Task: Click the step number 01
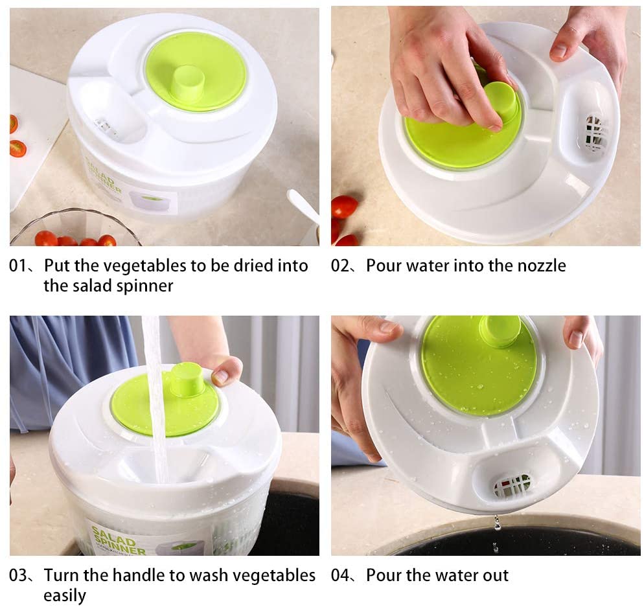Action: [x=17, y=266]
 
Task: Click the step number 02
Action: [x=340, y=266]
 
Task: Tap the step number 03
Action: [x=17, y=575]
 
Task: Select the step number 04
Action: [x=340, y=575]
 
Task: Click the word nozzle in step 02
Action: [x=542, y=266]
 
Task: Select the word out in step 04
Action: [x=496, y=576]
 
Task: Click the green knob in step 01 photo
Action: [x=189, y=84]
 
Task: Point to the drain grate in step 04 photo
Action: [x=512, y=485]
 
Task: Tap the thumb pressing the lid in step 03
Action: [x=226, y=371]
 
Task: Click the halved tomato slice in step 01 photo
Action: [x=17, y=148]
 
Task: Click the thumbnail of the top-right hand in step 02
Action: [x=559, y=51]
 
